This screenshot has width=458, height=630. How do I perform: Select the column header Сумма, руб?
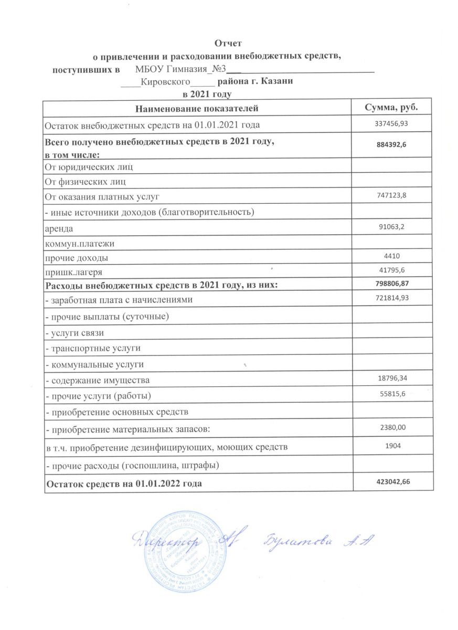click(391, 108)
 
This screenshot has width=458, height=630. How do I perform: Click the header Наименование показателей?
click(197, 109)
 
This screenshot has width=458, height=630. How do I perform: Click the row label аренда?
click(59, 229)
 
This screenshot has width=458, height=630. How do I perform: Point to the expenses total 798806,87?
click(391, 284)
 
